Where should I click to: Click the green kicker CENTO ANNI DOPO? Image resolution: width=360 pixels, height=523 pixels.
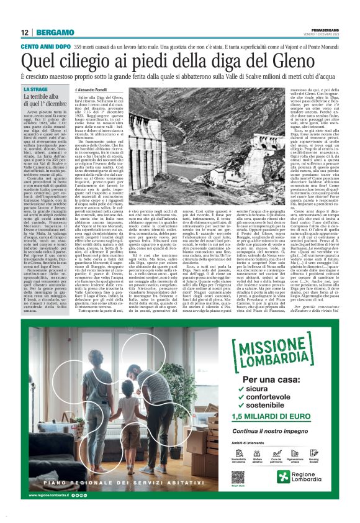pos(45,47)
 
